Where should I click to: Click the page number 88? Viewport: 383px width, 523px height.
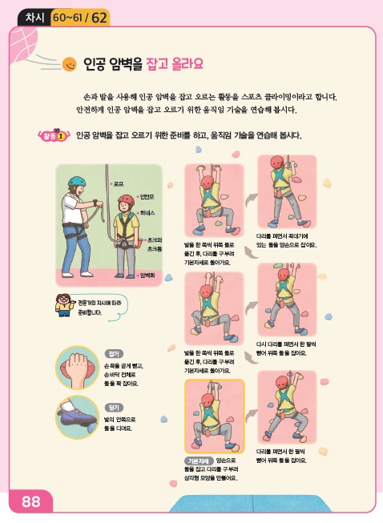point(31,502)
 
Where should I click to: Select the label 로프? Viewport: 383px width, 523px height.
point(118,183)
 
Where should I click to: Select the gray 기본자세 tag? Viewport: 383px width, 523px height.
point(197,461)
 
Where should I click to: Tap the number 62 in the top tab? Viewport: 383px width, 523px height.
point(100,16)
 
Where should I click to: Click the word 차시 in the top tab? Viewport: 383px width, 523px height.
point(34,16)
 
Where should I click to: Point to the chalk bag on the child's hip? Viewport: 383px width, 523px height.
point(133,239)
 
